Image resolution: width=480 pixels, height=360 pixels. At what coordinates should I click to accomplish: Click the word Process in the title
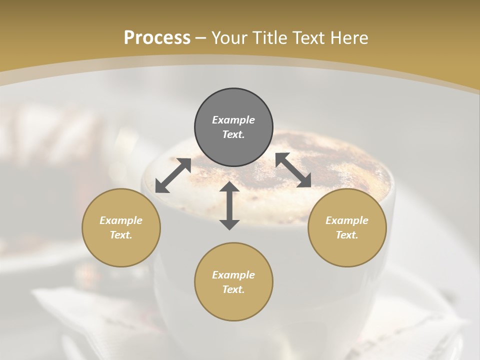157,38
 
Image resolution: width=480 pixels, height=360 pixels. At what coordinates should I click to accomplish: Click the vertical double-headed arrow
229,205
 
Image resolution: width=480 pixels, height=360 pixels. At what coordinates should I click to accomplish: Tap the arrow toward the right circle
293,170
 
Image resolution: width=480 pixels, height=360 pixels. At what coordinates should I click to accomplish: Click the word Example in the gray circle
233,120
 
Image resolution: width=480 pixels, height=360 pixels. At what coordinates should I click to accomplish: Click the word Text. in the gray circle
233,134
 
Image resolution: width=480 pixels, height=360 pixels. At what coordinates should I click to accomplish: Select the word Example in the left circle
121,220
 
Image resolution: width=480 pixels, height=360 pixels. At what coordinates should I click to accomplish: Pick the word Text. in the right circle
347,235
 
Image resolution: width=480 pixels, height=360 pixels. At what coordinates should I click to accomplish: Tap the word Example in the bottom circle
233,275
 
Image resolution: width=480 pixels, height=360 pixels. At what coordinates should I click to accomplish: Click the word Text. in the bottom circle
233,289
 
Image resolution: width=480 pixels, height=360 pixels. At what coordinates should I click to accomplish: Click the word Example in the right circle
347,220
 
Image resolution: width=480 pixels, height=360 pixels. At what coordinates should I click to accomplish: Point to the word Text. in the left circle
121,235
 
